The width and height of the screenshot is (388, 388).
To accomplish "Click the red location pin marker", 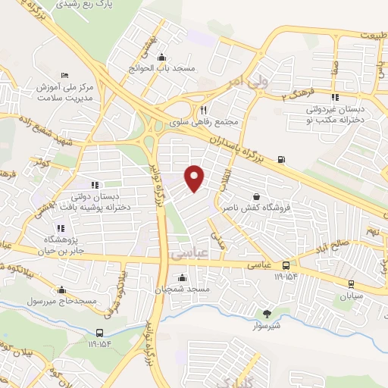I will pos(195,177).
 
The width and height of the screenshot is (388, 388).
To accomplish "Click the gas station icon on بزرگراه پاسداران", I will pos(282,158).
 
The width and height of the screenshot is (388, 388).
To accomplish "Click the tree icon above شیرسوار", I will pos(266,313).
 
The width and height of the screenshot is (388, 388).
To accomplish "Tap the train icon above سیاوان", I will pos(351,283).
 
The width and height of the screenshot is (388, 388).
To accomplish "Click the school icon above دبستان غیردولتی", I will pos(334,97).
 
